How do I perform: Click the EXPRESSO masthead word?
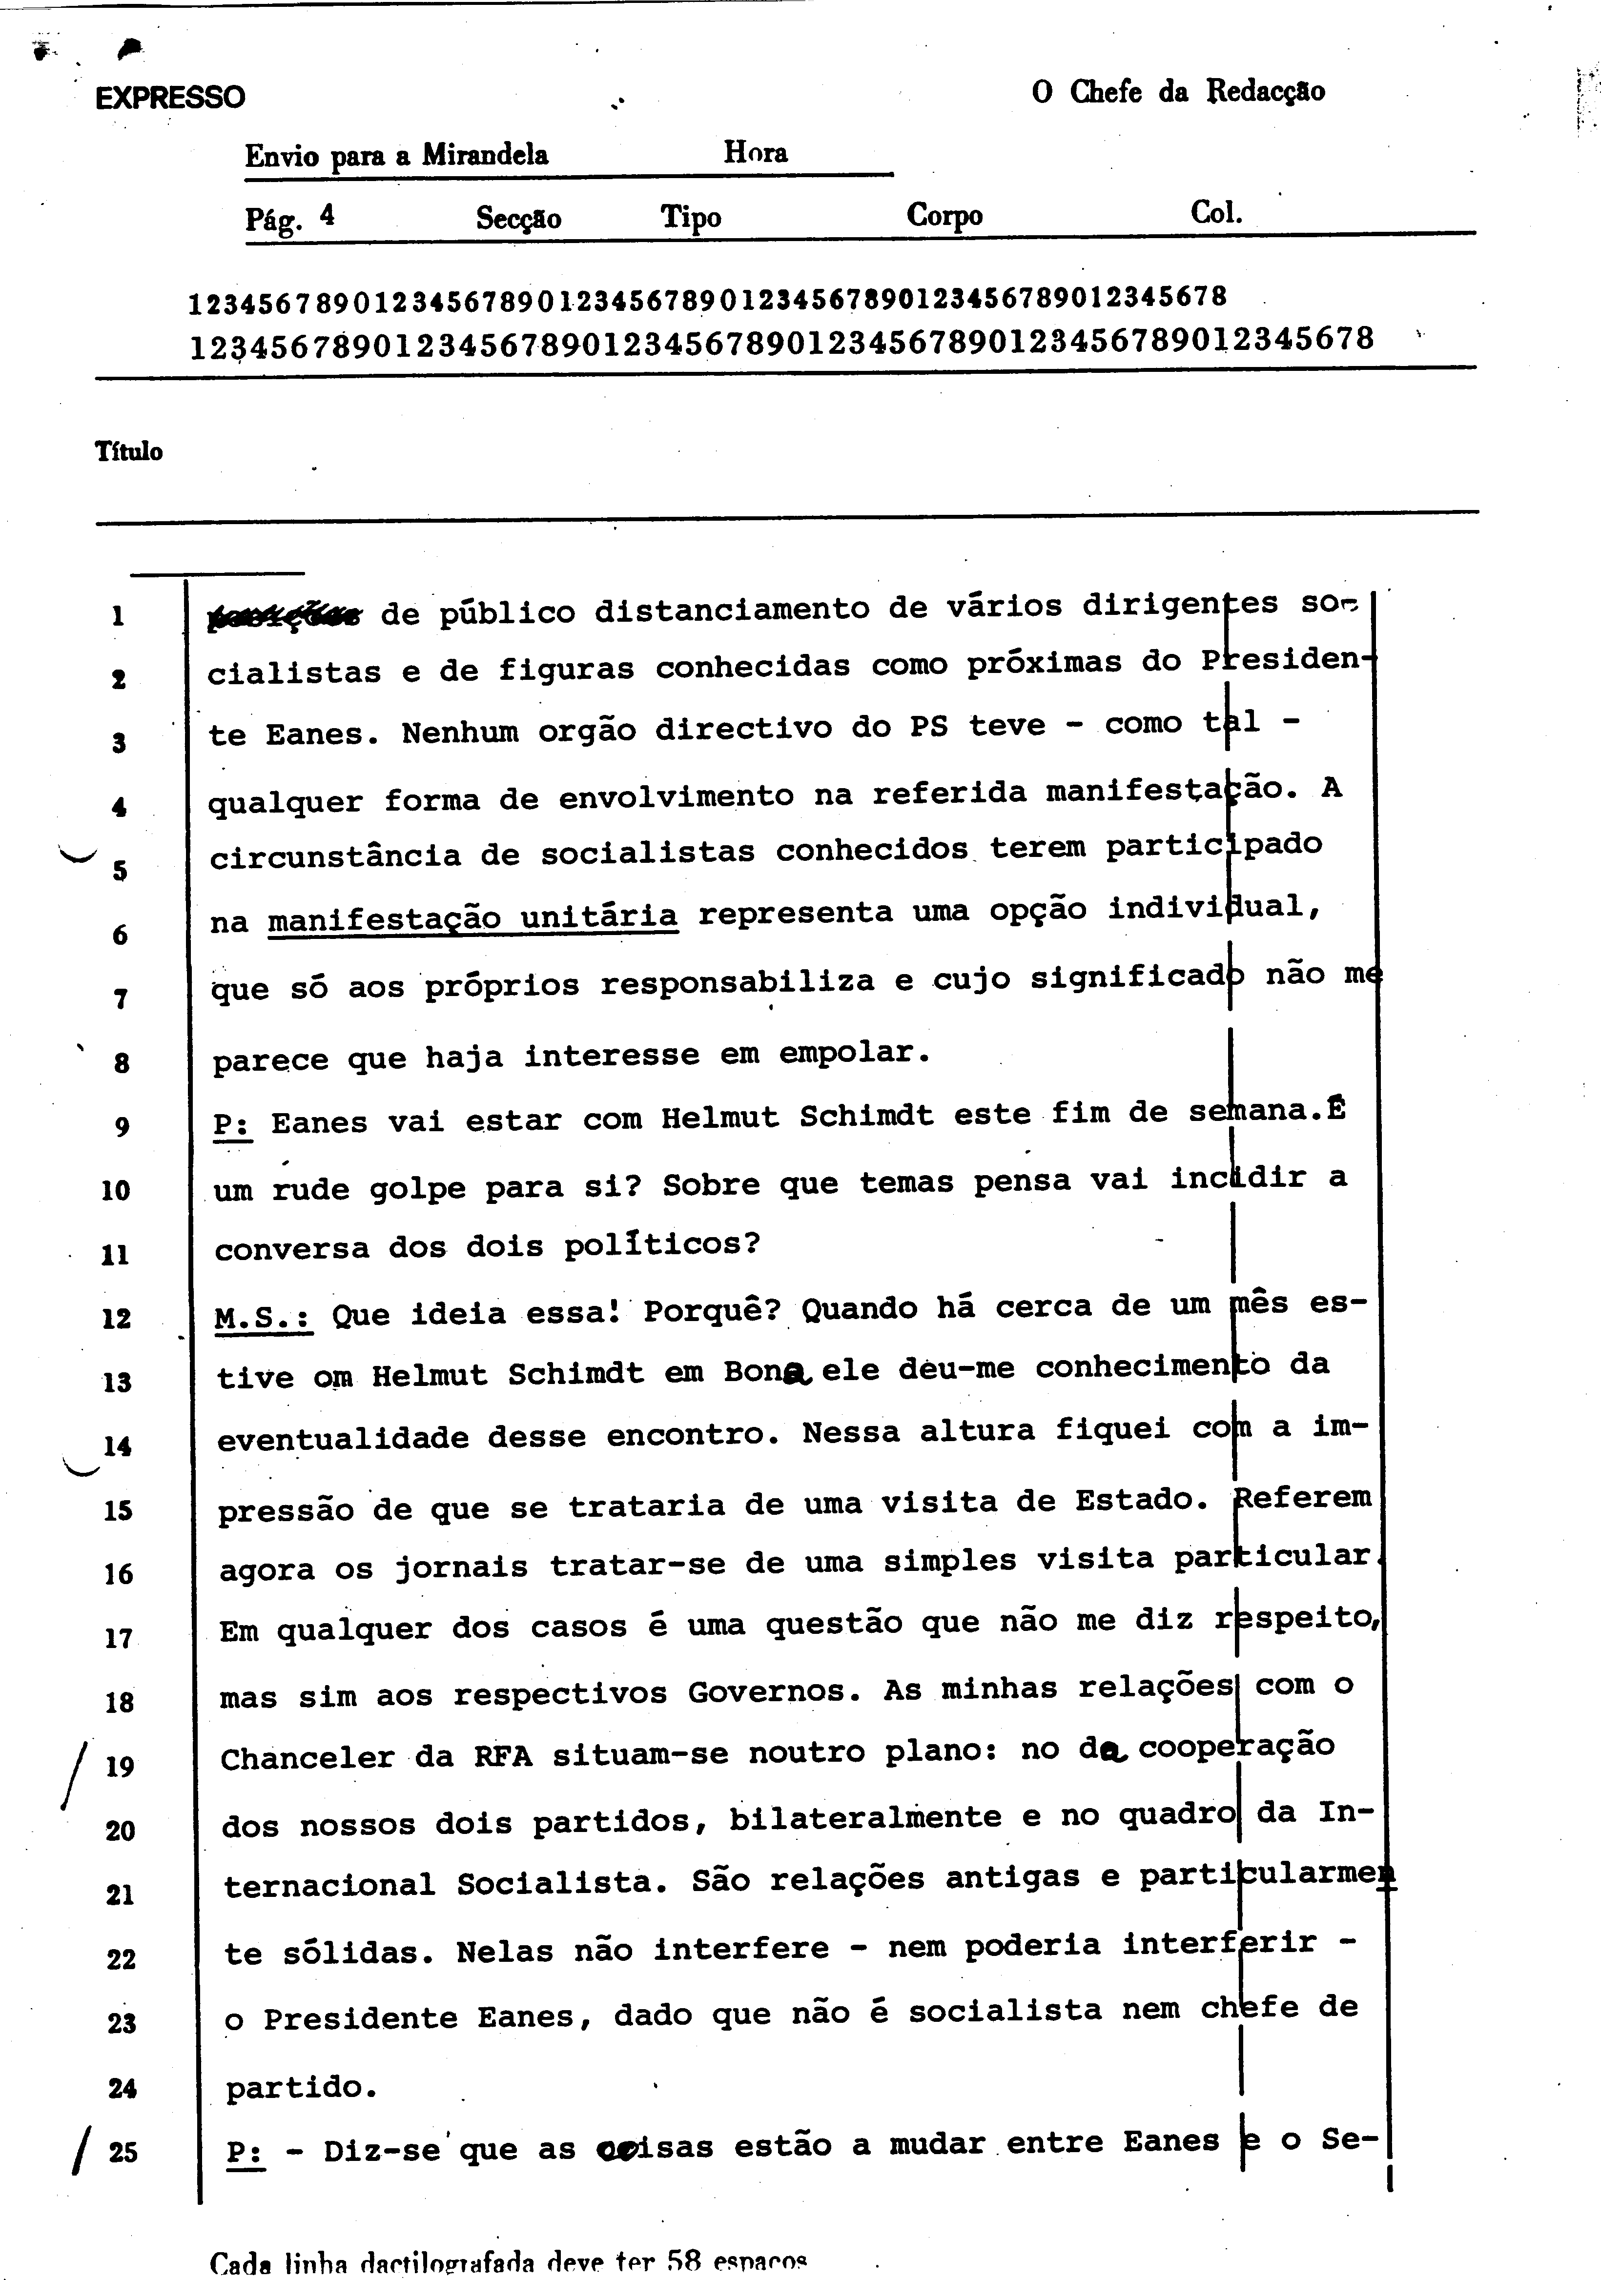click(170, 97)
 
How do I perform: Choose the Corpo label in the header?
click(944, 216)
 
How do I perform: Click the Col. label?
click(1216, 211)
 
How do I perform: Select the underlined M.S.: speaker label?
click(263, 1318)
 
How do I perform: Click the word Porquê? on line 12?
click(711, 1311)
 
